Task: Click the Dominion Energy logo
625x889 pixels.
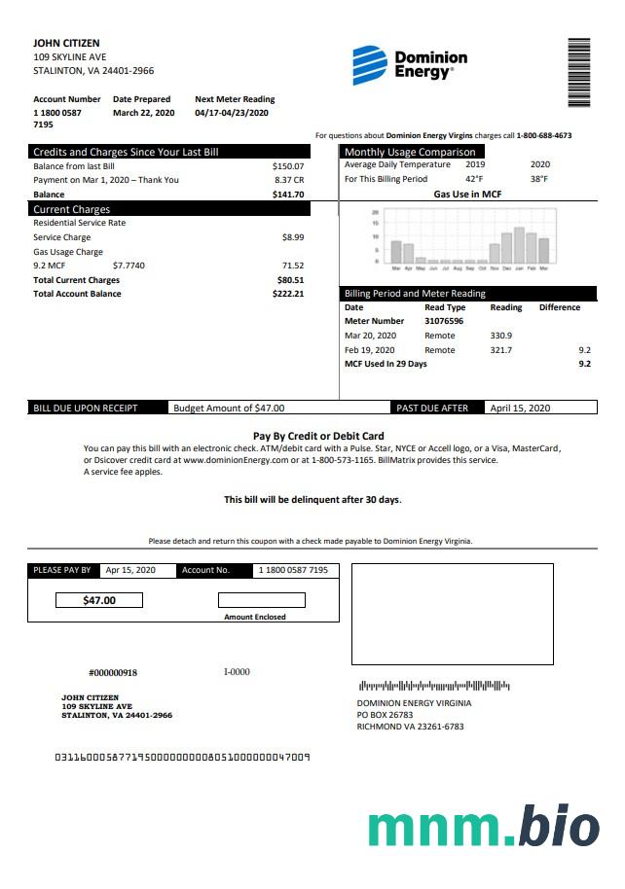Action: click(x=409, y=64)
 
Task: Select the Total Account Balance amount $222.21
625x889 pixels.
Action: click(x=288, y=294)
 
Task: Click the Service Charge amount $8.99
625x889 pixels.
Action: click(x=292, y=237)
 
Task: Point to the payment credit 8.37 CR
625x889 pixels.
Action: click(x=289, y=180)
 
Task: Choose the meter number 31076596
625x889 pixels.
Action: click(x=444, y=321)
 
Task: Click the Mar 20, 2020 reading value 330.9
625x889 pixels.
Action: click(x=501, y=336)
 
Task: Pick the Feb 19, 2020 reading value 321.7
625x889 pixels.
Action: click(x=501, y=350)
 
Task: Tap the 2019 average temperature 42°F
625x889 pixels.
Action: click(x=474, y=179)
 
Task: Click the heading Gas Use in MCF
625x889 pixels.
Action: click(x=467, y=194)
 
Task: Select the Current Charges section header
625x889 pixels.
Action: click(x=72, y=209)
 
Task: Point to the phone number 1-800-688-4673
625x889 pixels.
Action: click(x=544, y=136)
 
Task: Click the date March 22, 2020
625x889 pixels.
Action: click(x=143, y=113)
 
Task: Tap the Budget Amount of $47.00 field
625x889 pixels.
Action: click(x=229, y=409)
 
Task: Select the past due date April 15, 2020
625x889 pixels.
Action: click(x=520, y=409)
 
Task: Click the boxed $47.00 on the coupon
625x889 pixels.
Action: click(x=99, y=600)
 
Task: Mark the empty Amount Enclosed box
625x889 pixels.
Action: click(x=261, y=600)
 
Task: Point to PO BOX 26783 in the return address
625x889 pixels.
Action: click(x=385, y=715)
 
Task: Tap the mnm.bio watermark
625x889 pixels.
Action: click(x=484, y=828)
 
